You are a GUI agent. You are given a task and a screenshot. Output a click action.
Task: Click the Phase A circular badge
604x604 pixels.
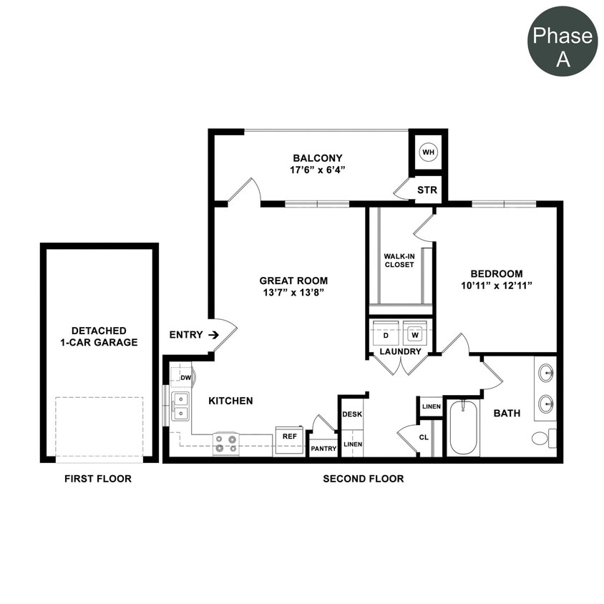click(562, 42)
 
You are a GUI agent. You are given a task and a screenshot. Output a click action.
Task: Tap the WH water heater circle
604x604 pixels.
click(428, 152)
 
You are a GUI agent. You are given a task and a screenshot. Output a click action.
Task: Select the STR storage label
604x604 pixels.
click(427, 190)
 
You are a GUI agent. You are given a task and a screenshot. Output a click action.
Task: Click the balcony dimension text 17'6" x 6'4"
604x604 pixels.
click(318, 170)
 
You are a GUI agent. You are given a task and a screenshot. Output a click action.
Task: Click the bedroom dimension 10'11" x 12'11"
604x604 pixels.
click(496, 286)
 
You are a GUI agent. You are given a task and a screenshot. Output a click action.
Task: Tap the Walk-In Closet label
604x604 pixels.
click(399, 260)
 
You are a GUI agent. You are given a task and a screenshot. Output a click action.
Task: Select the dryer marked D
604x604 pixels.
click(386, 334)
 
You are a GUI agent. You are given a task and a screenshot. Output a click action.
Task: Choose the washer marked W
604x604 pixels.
click(414, 334)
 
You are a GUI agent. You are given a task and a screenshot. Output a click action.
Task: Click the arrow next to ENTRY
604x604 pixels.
click(213, 334)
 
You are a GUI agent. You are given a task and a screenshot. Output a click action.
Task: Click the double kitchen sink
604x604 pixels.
click(180, 406)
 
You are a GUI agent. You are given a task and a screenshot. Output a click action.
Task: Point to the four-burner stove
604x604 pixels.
click(226, 443)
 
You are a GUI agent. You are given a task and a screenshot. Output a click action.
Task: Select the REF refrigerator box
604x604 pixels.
click(289, 436)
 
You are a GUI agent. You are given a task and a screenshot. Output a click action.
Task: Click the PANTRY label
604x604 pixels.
click(323, 448)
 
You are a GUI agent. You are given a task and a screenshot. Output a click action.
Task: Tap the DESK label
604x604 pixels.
click(351, 414)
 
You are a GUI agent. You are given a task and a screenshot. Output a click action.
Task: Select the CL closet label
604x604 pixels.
click(424, 437)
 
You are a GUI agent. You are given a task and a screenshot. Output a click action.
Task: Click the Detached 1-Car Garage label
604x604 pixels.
click(99, 336)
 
